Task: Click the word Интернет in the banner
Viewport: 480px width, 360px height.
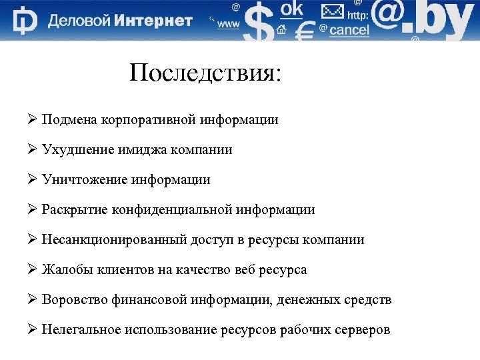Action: pyautogui.click(x=153, y=21)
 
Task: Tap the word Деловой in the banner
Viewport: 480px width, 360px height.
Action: pyautogui.click(x=79, y=21)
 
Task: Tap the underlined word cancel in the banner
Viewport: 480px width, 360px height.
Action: pyautogui.click(x=349, y=31)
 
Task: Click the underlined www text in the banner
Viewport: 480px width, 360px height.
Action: pyautogui.click(x=229, y=24)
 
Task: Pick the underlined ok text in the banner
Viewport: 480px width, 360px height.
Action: pyautogui.click(x=291, y=9)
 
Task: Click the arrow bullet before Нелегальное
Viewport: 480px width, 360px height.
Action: pyautogui.click(x=32, y=329)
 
